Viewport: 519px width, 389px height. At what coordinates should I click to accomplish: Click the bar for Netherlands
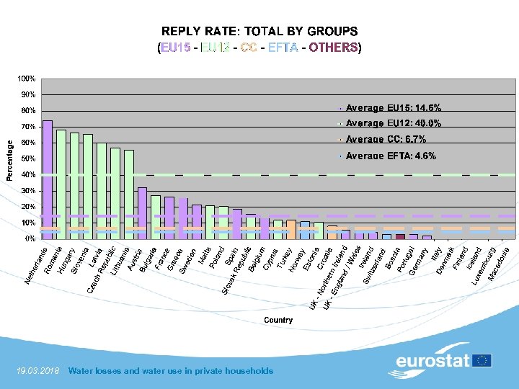48,179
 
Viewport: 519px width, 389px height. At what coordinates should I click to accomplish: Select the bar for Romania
61,184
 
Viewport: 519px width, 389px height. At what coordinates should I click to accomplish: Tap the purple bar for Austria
142,213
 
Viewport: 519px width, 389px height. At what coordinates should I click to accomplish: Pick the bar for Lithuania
129,194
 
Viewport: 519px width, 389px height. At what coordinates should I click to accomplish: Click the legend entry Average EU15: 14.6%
393,107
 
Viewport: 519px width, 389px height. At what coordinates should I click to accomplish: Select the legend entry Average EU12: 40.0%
393,123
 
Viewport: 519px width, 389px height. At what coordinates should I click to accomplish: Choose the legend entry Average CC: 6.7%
386,139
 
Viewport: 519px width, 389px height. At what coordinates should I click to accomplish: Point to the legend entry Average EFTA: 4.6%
390,156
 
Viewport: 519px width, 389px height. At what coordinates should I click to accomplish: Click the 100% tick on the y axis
27,78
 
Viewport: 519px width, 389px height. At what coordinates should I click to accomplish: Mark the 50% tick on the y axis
29,158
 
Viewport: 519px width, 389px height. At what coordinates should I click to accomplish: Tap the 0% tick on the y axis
30,238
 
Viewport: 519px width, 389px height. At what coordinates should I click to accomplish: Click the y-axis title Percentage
9,159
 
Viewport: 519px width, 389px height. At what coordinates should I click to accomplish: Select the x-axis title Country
278,320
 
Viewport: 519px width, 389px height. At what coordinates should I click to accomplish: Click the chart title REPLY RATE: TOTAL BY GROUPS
259,32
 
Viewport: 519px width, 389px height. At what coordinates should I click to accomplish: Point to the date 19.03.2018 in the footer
37,371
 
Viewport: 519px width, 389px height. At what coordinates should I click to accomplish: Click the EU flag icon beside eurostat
482,360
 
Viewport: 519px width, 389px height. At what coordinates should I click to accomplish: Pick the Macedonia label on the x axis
497,264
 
